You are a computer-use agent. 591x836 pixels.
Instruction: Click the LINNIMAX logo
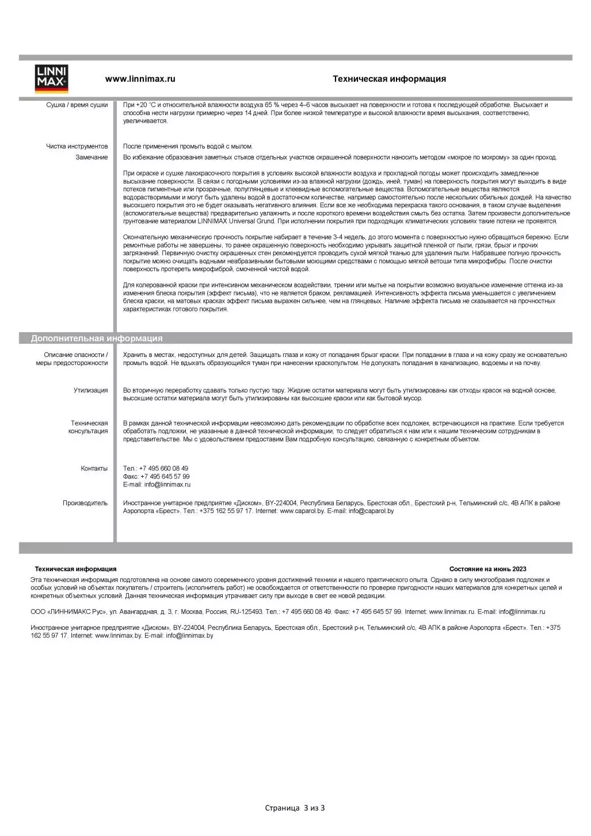pyautogui.click(x=52, y=79)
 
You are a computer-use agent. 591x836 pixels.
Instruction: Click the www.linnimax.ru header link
pyautogui.click(x=140, y=79)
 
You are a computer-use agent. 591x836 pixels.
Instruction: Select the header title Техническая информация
pyautogui.click(x=389, y=79)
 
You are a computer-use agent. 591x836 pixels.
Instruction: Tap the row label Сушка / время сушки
pyautogui.click(x=77, y=105)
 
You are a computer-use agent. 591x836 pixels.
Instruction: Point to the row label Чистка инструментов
pyautogui.click(x=77, y=146)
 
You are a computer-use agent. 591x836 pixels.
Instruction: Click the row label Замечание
pyautogui.click(x=91, y=157)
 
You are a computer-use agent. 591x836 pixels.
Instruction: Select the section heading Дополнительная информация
pyautogui.click(x=97, y=339)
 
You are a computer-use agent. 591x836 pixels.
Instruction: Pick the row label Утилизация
pyautogui.click(x=90, y=390)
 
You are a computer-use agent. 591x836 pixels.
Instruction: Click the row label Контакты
pyautogui.click(x=94, y=469)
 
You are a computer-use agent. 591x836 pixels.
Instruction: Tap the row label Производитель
pyautogui.click(x=85, y=503)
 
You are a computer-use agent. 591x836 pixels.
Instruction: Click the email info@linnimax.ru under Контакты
pyautogui.click(x=167, y=485)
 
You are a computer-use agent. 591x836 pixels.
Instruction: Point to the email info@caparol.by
pyautogui.click(x=371, y=511)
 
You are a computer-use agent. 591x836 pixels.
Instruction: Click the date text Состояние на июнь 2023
pyautogui.click(x=487, y=569)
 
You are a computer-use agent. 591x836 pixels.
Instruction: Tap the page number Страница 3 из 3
pyautogui.click(x=295, y=808)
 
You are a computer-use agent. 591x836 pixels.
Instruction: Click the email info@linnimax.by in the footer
pyautogui.click(x=189, y=636)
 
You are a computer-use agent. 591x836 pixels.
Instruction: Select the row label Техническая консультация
pyautogui.click(x=89, y=427)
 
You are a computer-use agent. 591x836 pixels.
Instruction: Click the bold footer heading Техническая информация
pyautogui.click(x=75, y=569)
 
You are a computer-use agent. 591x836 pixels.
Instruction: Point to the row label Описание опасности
pyautogui.click(x=75, y=355)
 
